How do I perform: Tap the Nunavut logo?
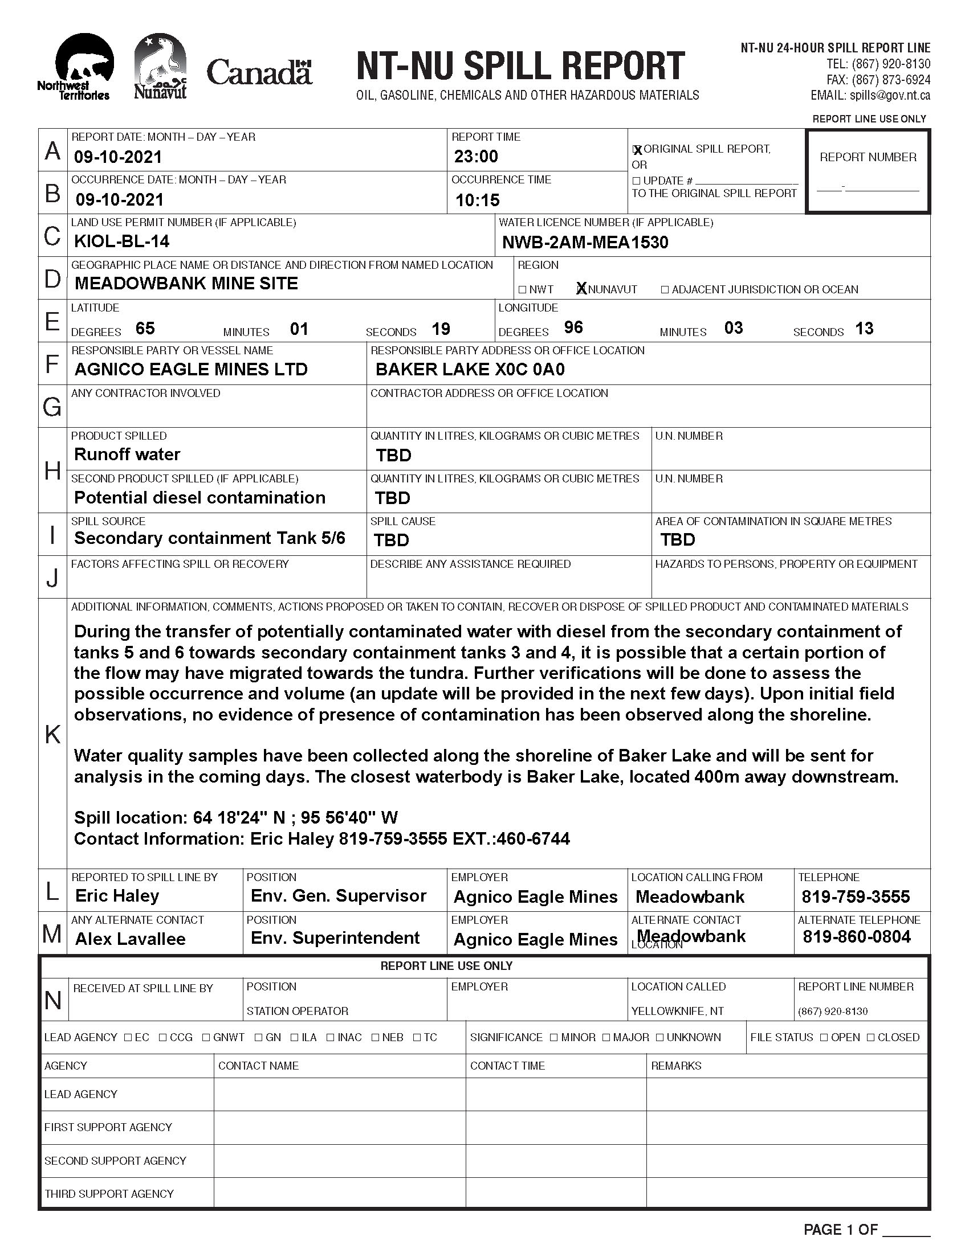160,66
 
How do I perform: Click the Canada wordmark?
259,73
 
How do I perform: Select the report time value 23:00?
476,156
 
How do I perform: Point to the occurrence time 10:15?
477,200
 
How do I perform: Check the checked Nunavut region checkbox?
581,289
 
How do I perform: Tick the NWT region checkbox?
522,290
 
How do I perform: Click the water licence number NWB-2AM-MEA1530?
585,243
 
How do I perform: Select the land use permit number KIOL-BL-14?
122,241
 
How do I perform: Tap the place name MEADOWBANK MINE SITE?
186,284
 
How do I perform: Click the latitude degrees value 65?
145,328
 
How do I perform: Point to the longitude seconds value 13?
864,329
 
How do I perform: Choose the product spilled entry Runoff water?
127,454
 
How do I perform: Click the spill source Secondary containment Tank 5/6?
210,538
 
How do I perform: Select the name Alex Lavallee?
131,939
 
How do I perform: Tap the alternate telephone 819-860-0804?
857,937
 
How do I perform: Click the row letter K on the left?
52,734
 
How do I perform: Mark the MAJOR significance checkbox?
606,1037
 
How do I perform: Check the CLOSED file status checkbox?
870,1037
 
